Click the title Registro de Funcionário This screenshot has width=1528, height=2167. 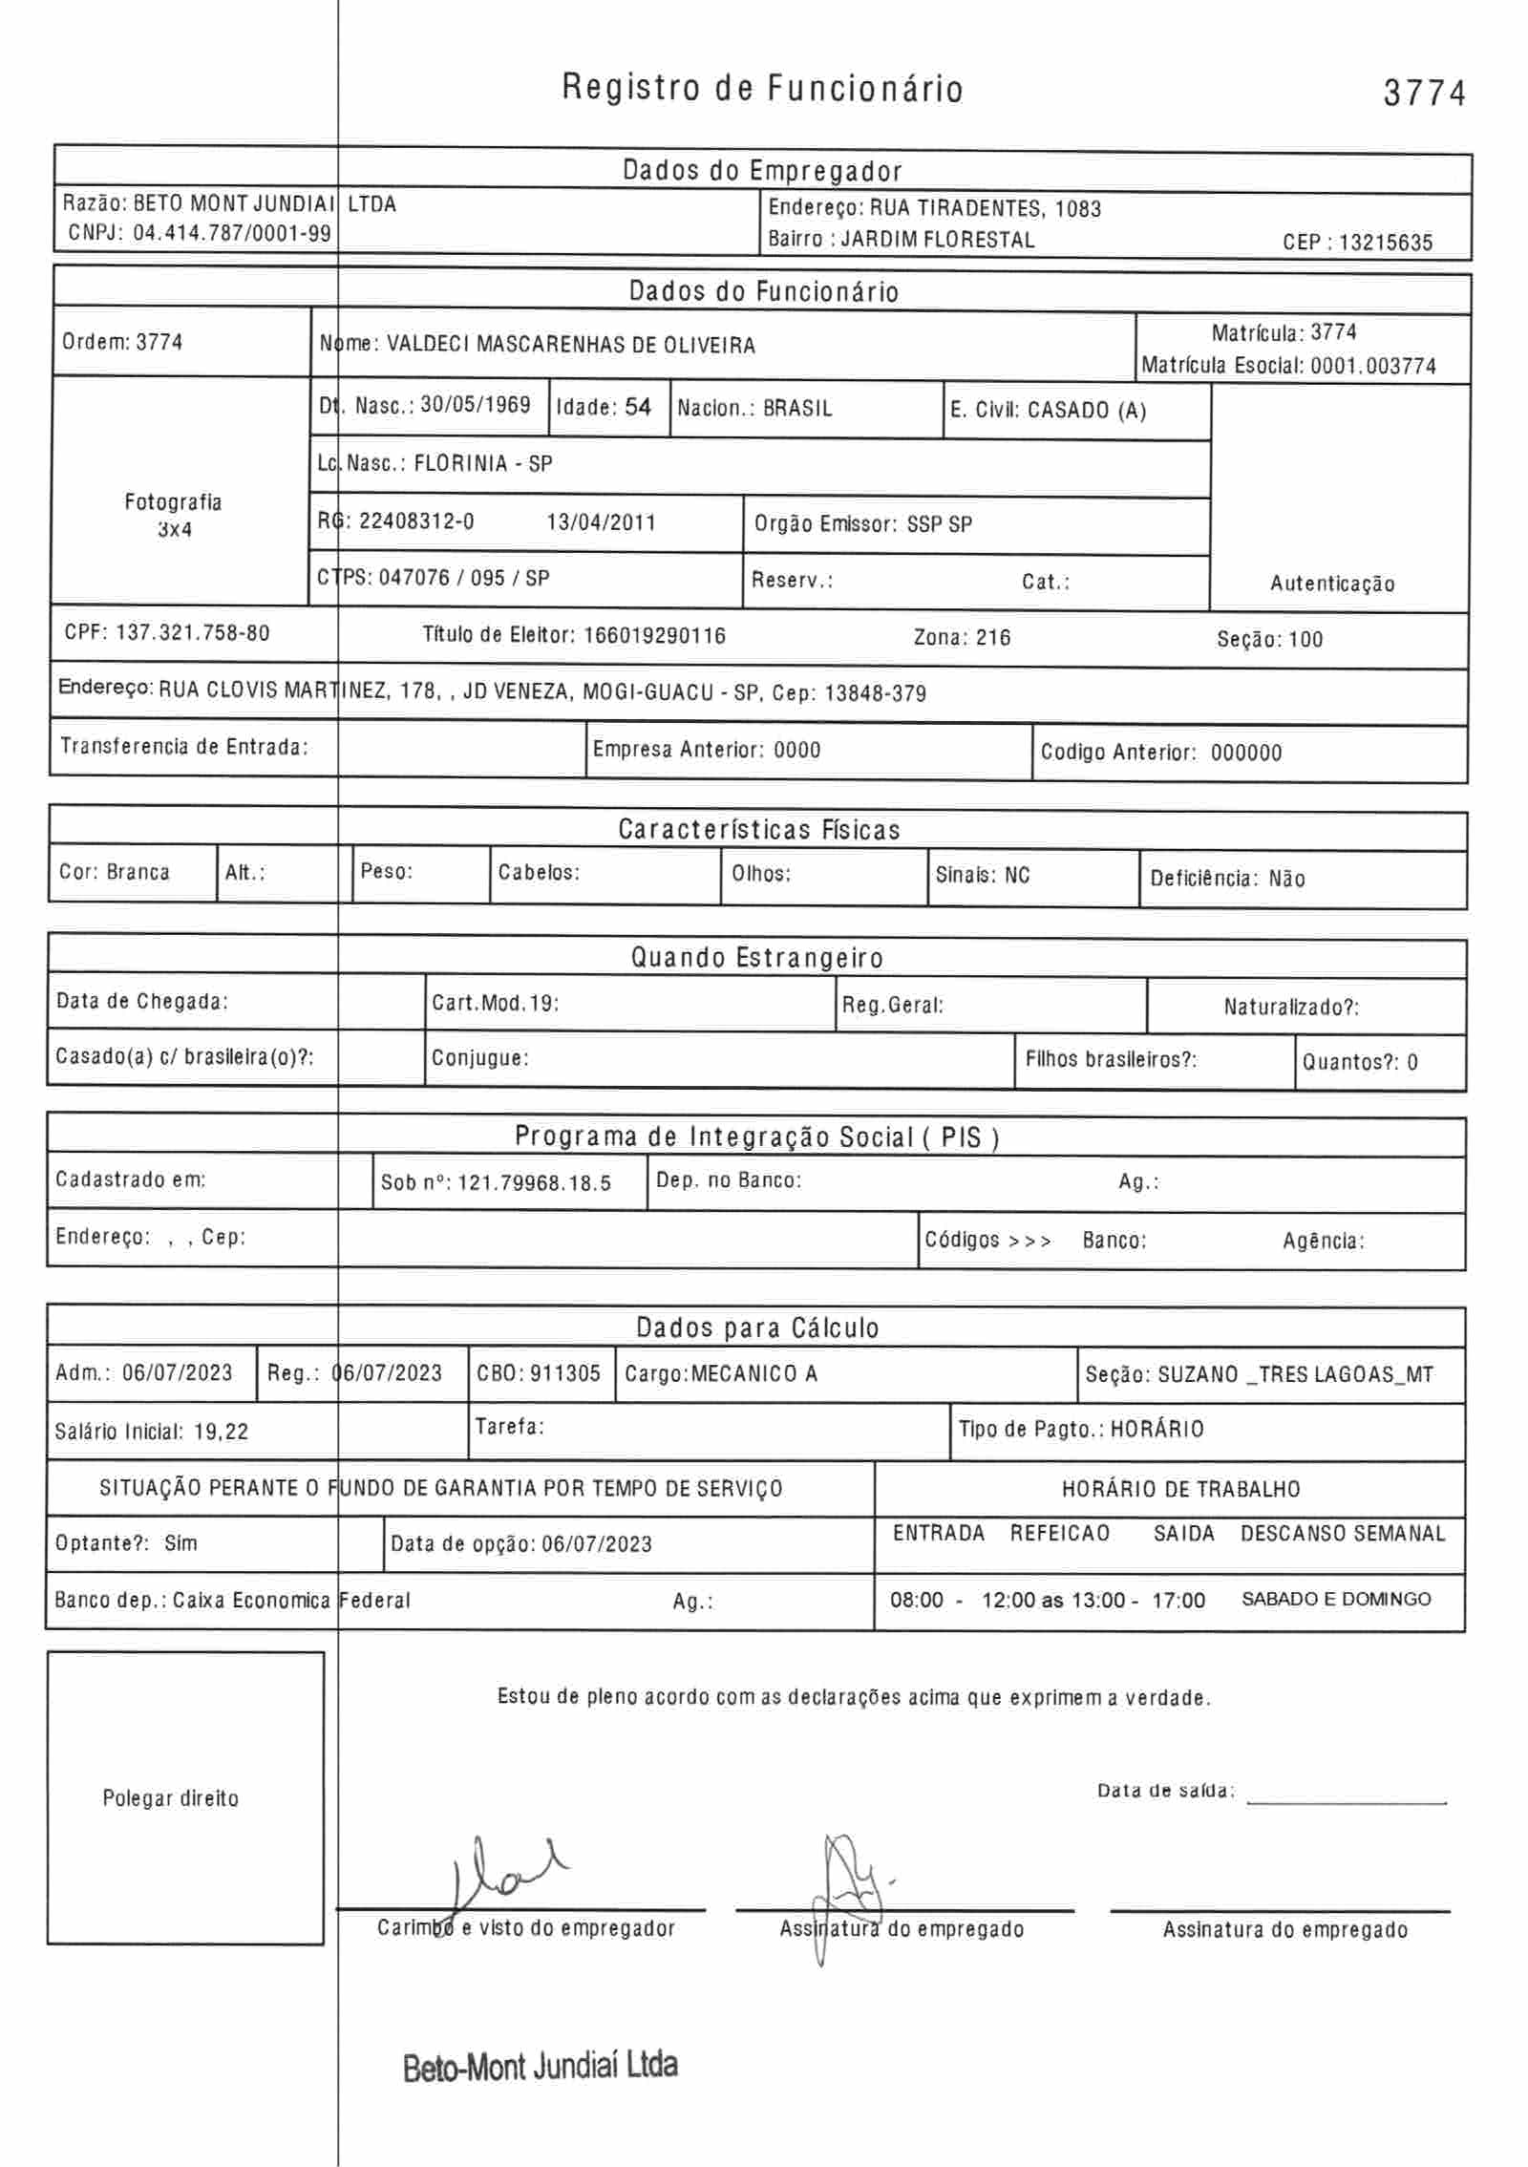tap(762, 89)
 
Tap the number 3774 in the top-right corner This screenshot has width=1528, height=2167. tap(1424, 94)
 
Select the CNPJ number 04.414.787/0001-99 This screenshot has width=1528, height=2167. tap(232, 233)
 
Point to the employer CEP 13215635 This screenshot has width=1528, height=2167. tap(1385, 243)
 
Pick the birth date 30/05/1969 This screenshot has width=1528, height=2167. tap(476, 405)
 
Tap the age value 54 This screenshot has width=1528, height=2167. tap(638, 407)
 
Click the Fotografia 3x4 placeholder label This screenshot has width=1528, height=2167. tap(174, 515)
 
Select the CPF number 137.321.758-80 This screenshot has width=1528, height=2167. tap(192, 633)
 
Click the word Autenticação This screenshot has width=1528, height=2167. tap(1331, 584)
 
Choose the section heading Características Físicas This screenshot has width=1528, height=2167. tap(759, 830)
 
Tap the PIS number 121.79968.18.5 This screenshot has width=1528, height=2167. tap(534, 1183)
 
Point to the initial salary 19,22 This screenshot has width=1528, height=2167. tap(221, 1432)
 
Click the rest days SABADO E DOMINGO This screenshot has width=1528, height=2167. tap(1335, 1599)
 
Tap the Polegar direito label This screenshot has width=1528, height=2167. tap(171, 1798)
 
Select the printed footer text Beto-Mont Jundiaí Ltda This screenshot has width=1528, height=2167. tap(541, 2066)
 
